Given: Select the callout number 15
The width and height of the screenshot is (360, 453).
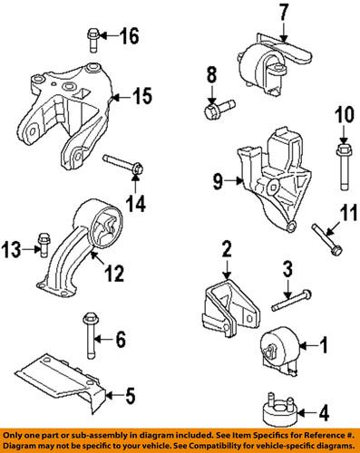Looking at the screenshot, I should [x=141, y=95].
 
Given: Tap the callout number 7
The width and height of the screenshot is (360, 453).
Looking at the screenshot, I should [x=282, y=13].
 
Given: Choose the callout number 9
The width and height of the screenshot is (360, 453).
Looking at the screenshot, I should [x=219, y=181].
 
